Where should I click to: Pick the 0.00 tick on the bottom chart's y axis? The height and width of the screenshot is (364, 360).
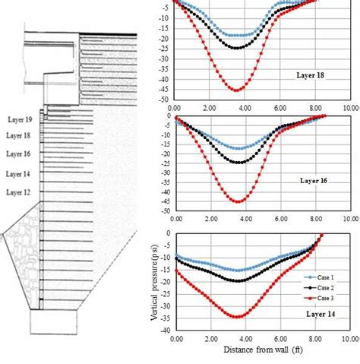168,234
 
